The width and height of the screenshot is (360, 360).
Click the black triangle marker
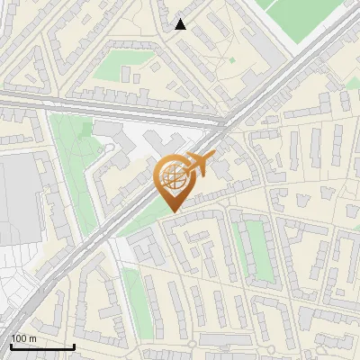(x=181, y=24)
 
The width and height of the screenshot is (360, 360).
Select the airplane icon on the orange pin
(x=198, y=165)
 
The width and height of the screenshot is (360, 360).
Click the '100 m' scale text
(x=23, y=337)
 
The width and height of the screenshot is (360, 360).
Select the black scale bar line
(x=41, y=346)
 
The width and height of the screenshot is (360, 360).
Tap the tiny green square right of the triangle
(x=232, y=59)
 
